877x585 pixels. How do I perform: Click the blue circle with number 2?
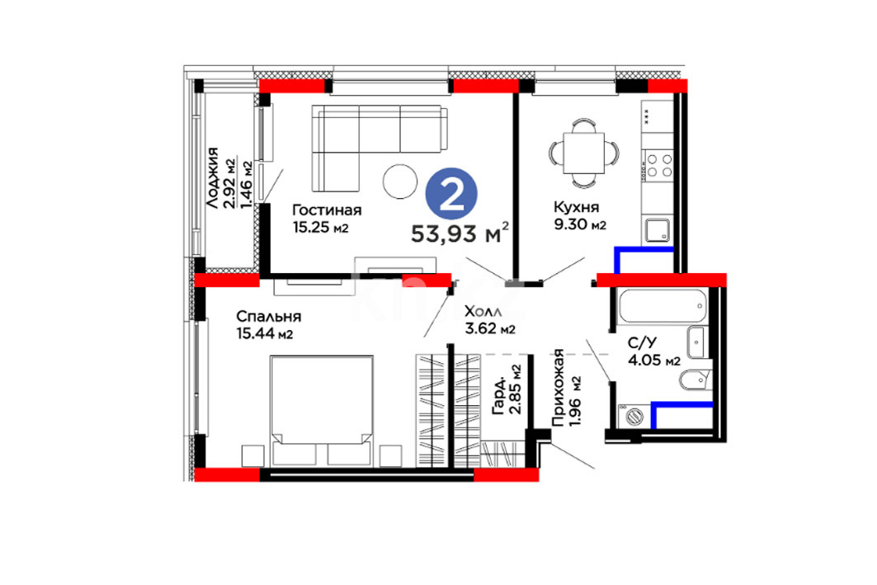[x=451, y=194]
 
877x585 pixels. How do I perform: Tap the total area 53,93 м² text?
[x=460, y=233]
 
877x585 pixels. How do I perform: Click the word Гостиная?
[x=327, y=210]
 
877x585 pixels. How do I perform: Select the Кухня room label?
[x=576, y=207]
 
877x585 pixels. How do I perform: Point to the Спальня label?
[x=268, y=317]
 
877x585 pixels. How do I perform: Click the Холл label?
[x=483, y=311]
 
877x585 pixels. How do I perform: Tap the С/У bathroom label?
[x=642, y=343]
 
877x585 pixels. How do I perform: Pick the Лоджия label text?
[x=212, y=178]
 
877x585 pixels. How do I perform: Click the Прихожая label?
[x=559, y=388]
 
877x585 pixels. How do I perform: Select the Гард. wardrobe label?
[x=498, y=396]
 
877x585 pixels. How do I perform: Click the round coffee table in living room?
[x=400, y=182]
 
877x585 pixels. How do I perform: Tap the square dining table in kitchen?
[x=584, y=153]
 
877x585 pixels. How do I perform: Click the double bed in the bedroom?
[x=322, y=411]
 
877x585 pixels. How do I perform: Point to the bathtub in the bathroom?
[x=662, y=305]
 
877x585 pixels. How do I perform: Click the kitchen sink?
[x=658, y=230]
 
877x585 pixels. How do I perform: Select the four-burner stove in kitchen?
[x=659, y=166]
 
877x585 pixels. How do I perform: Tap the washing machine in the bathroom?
[x=634, y=416]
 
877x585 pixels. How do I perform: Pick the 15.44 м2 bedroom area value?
[x=265, y=334]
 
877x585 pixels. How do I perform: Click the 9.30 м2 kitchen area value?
[x=579, y=224]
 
